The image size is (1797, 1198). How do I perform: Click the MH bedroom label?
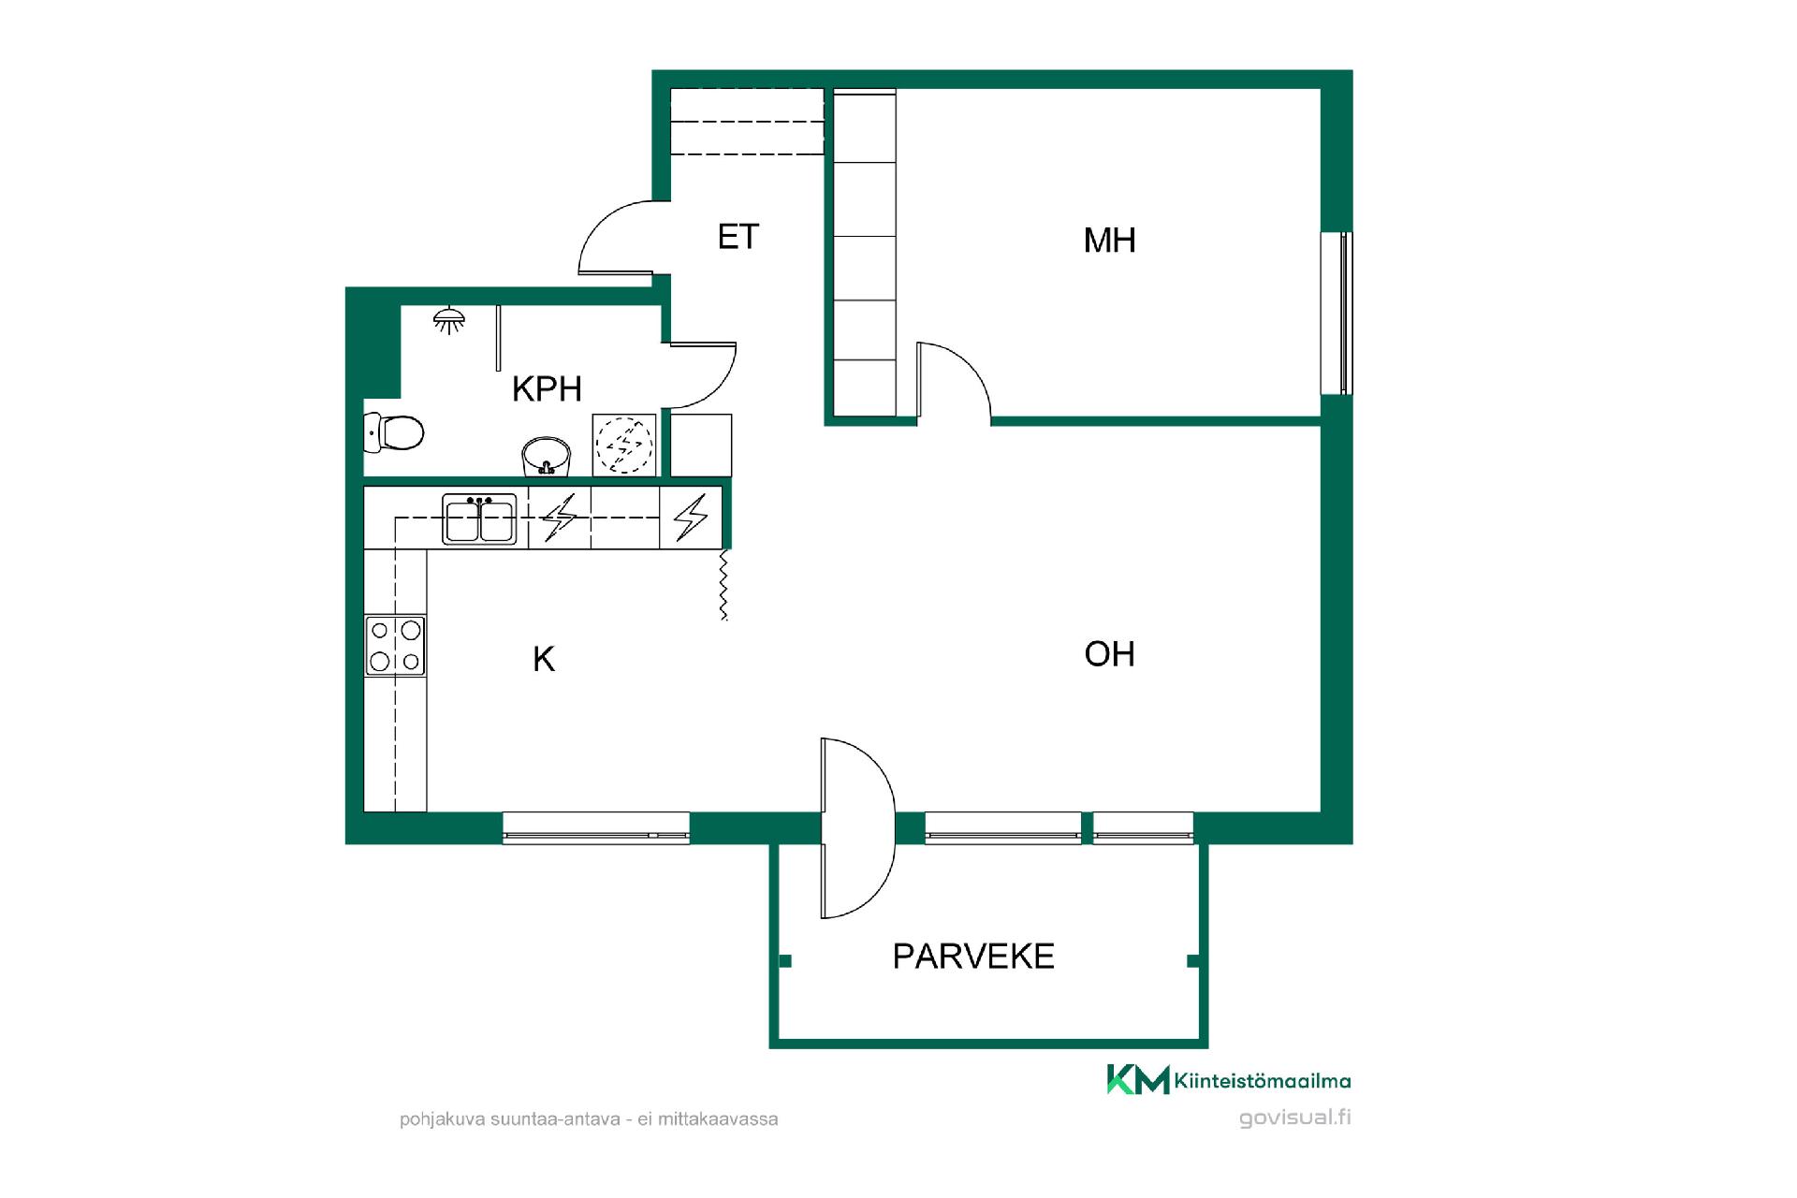pos(1109,241)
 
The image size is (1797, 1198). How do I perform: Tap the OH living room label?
pos(1109,653)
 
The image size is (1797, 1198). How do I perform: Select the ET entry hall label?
pos(738,237)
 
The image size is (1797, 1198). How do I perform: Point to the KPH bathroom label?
pos(547,388)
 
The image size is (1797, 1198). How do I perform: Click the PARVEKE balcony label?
pos(973,957)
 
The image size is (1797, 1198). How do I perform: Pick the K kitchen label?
pos(544,659)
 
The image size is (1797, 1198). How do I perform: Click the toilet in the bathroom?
pos(393,432)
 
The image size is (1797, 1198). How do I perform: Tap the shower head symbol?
pos(449,320)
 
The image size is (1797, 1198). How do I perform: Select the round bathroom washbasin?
pos(547,456)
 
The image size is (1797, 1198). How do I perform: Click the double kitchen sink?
pos(480,519)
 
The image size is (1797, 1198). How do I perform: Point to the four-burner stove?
pos(395,645)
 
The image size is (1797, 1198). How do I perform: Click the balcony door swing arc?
pos(858,827)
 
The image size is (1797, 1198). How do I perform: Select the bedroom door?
pos(953,380)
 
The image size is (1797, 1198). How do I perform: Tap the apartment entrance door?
pos(616,238)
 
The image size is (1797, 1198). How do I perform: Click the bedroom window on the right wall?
pos(1337,313)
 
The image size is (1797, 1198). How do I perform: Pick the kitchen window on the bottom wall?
pos(596,828)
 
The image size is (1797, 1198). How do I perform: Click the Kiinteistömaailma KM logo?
pos(1229,1080)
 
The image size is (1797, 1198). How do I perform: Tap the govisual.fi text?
pos(1295,1118)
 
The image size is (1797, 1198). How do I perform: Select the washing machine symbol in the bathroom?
pos(624,445)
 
